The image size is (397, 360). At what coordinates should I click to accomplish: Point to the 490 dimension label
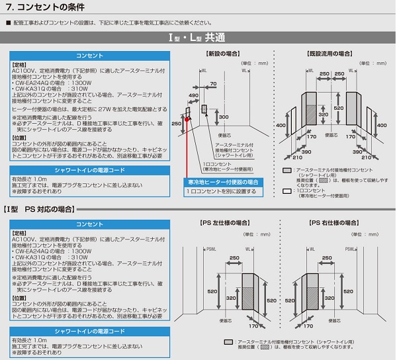tap(193, 97)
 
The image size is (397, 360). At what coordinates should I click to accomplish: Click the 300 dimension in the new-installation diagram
tap(224, 117)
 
